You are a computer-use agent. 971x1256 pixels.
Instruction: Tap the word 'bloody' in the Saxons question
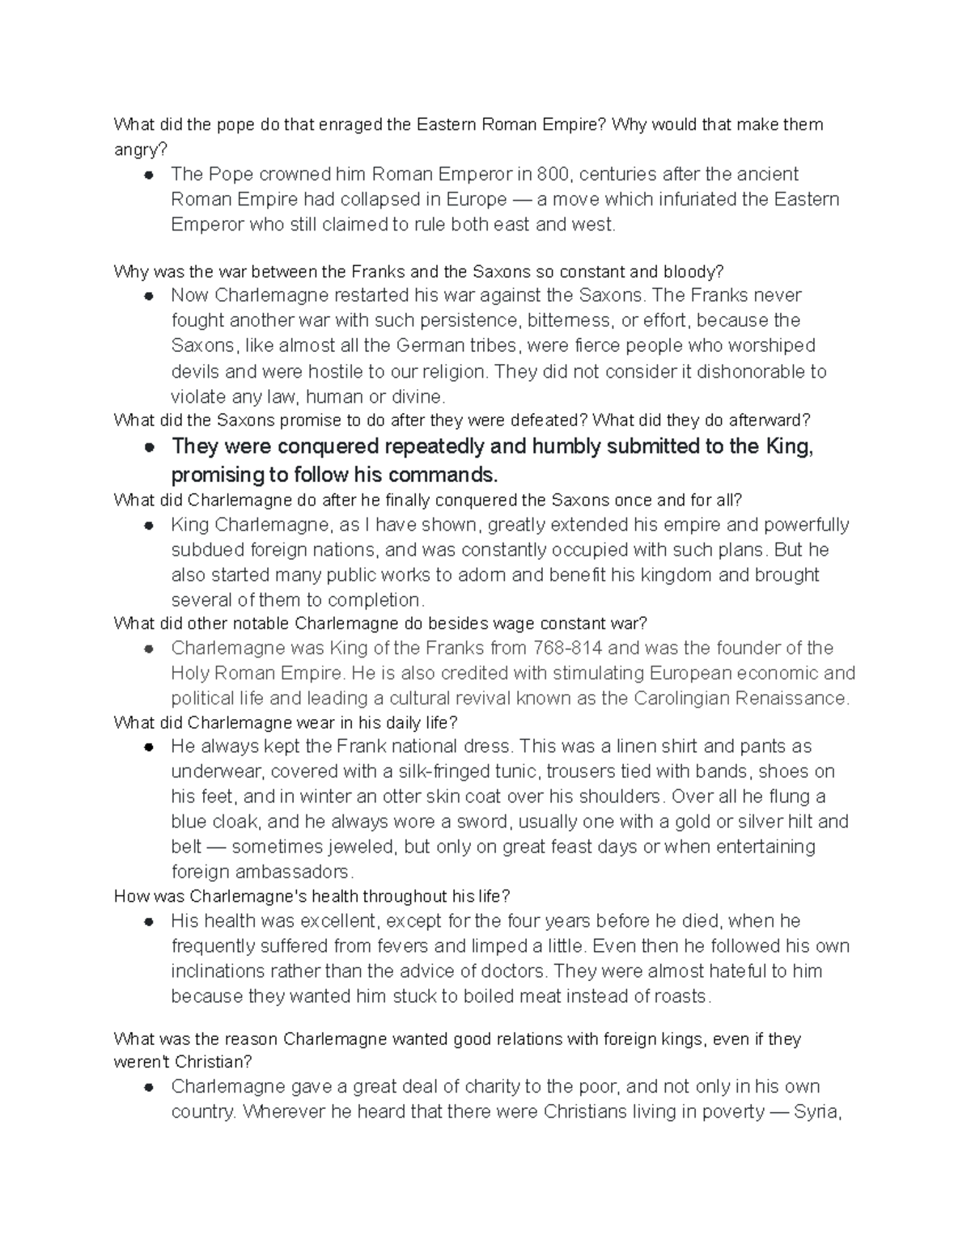pyautogui.click(x=695, y=271)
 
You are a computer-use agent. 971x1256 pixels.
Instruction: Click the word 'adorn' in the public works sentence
pyautogui.click(x=482, y=575)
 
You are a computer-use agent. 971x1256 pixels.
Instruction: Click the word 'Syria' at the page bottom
pyautogui.click(x=816, y=1112)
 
